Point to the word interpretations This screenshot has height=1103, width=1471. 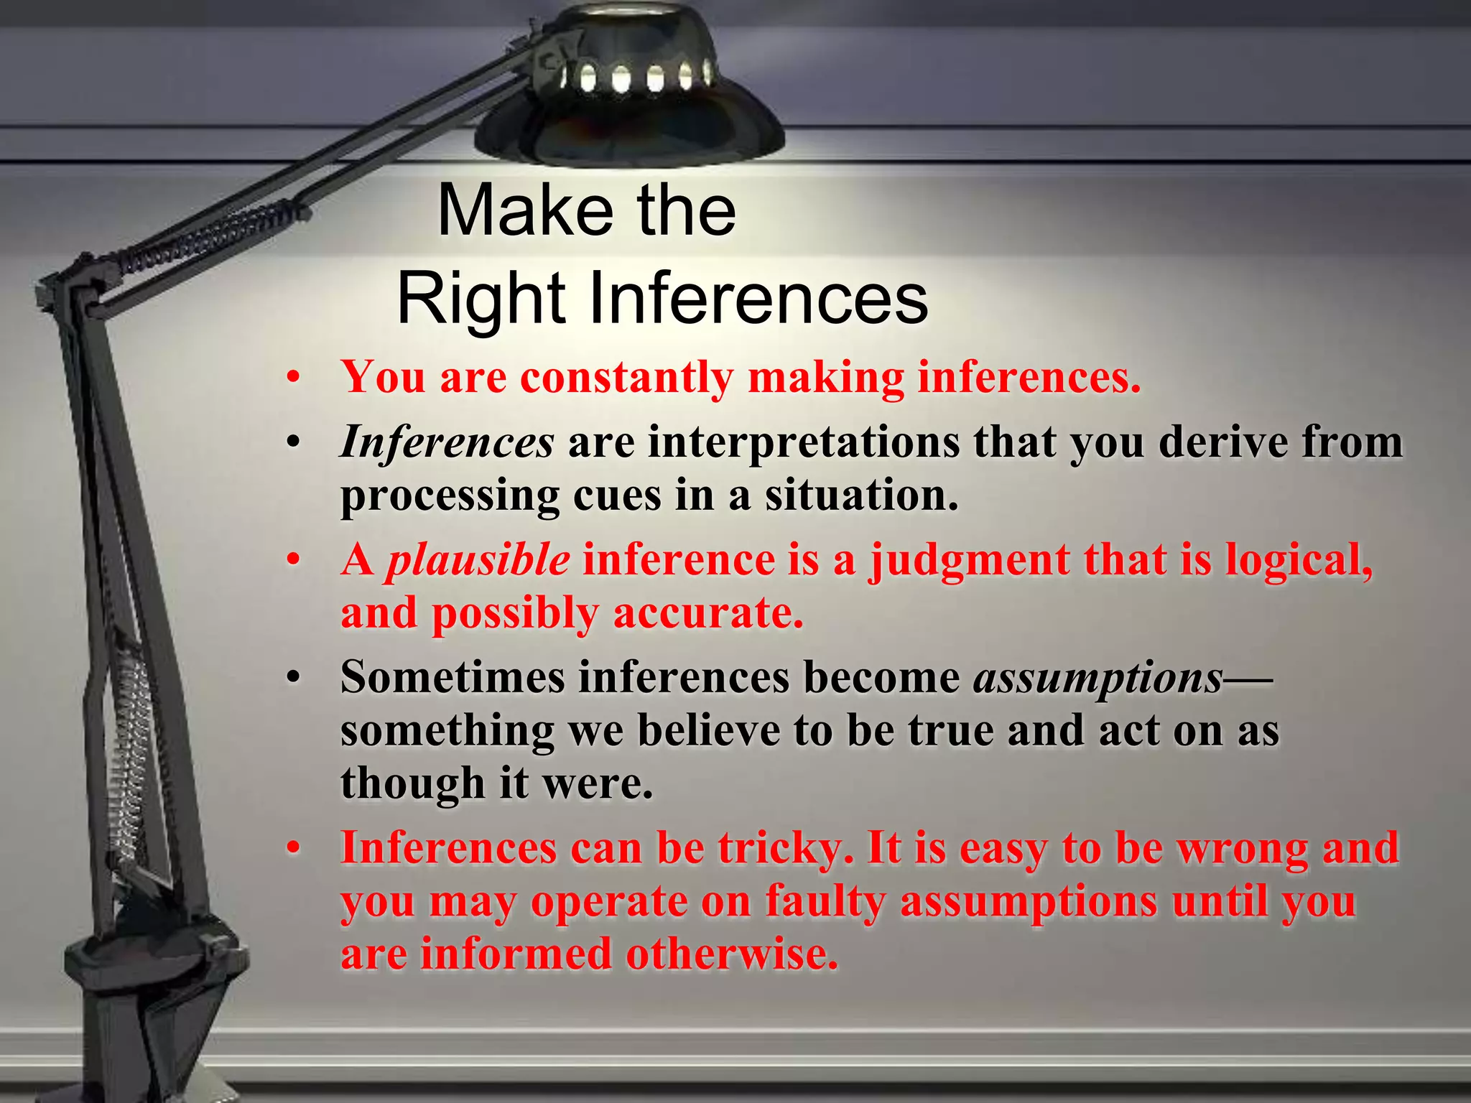pyautogui.click(x=804, y=442)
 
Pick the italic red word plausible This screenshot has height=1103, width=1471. pyautogui.click(x=478, y=560)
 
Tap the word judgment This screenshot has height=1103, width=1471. pyautogui.click(x=969, y=560)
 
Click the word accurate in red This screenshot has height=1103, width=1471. pyautogui.click(x=707, y=614)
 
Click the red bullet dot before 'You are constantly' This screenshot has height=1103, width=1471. pyautogui.click(x=292, y=378)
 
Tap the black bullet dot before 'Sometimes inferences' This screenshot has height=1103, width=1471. pyautogui.click(x=292, y=678)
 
